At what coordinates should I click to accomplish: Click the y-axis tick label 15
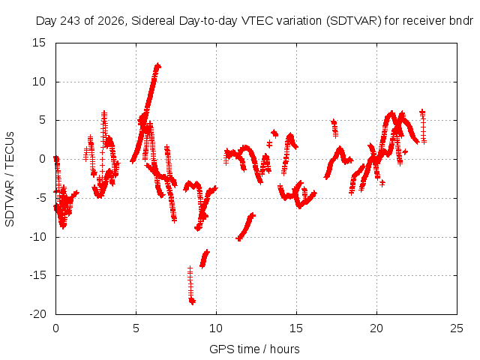point(39,43)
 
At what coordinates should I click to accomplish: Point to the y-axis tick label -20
point(37,314)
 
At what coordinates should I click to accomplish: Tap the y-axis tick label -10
point(37,237)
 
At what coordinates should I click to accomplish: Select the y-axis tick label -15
point(37,275)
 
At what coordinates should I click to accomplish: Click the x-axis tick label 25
point(457,328)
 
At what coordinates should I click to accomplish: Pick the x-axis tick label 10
point(216,328)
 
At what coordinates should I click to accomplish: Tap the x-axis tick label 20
point(376,328)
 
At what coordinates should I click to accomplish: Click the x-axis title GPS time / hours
point(254,349)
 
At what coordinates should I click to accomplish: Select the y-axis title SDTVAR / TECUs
point(10,179)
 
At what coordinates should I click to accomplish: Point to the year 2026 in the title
point(111,21)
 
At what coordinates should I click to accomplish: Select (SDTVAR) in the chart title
point(353,21)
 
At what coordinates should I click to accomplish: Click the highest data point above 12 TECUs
point(158,66)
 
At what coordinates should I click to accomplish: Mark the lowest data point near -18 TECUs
point(192,301)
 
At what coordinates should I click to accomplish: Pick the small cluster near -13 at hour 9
point(205,259)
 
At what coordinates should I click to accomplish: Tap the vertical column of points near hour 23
point(423,126)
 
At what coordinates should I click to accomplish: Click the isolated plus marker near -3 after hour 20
point(382,183)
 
